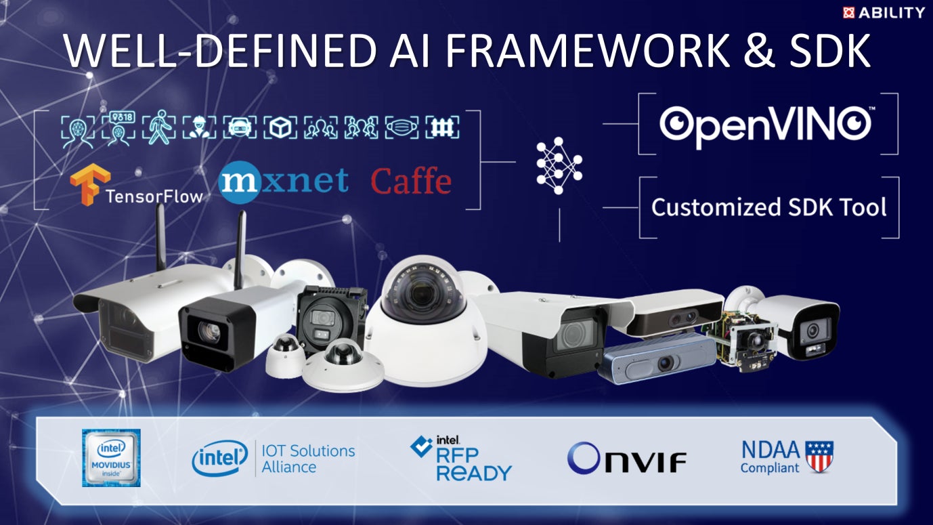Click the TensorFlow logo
coord(136,187)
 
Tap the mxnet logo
coord(284,181)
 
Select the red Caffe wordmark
coord(411,182)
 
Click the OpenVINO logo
coord(765,125)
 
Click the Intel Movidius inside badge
coord(111,457)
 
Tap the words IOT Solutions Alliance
coord(308,459)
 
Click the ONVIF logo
coord(626,458)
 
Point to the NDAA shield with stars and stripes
coord(819,456)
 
